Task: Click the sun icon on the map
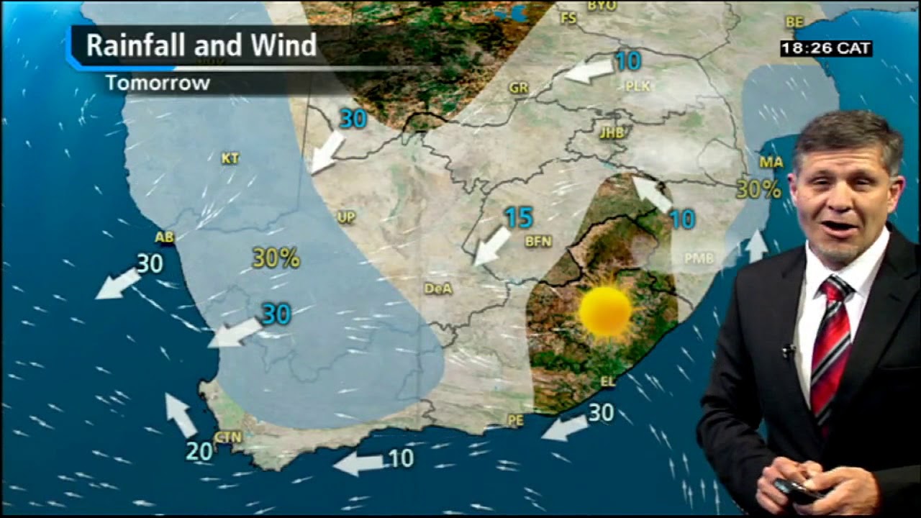coord(605,312)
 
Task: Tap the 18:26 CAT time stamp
coord(826,49)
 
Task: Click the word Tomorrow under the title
coord(158,83)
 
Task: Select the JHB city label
coord(612,132)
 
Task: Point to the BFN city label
coord(538,242)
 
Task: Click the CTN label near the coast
coord(228,437)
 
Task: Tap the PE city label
coord(515,420)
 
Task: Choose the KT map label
coord(230,158)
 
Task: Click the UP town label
coord(346,217)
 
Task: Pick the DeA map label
coord(438,288)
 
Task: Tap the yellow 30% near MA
coord(758,189)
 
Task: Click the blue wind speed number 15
coord(518,217)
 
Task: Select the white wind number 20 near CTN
coord(199,451)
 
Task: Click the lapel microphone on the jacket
coord(789,350)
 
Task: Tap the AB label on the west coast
coord(165,237)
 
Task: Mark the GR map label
coord(518,88)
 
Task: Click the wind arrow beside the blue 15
coord(492,246)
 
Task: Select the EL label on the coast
coord(608,382)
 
